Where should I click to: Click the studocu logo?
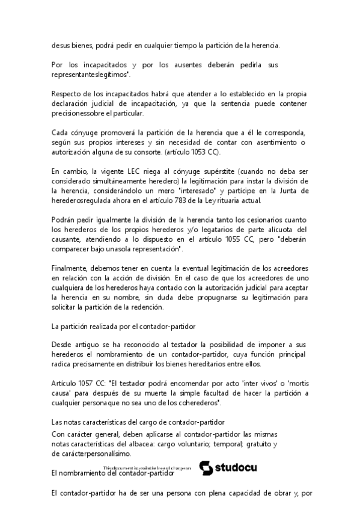coord(226,467)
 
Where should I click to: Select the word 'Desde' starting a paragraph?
coord(63,345)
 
